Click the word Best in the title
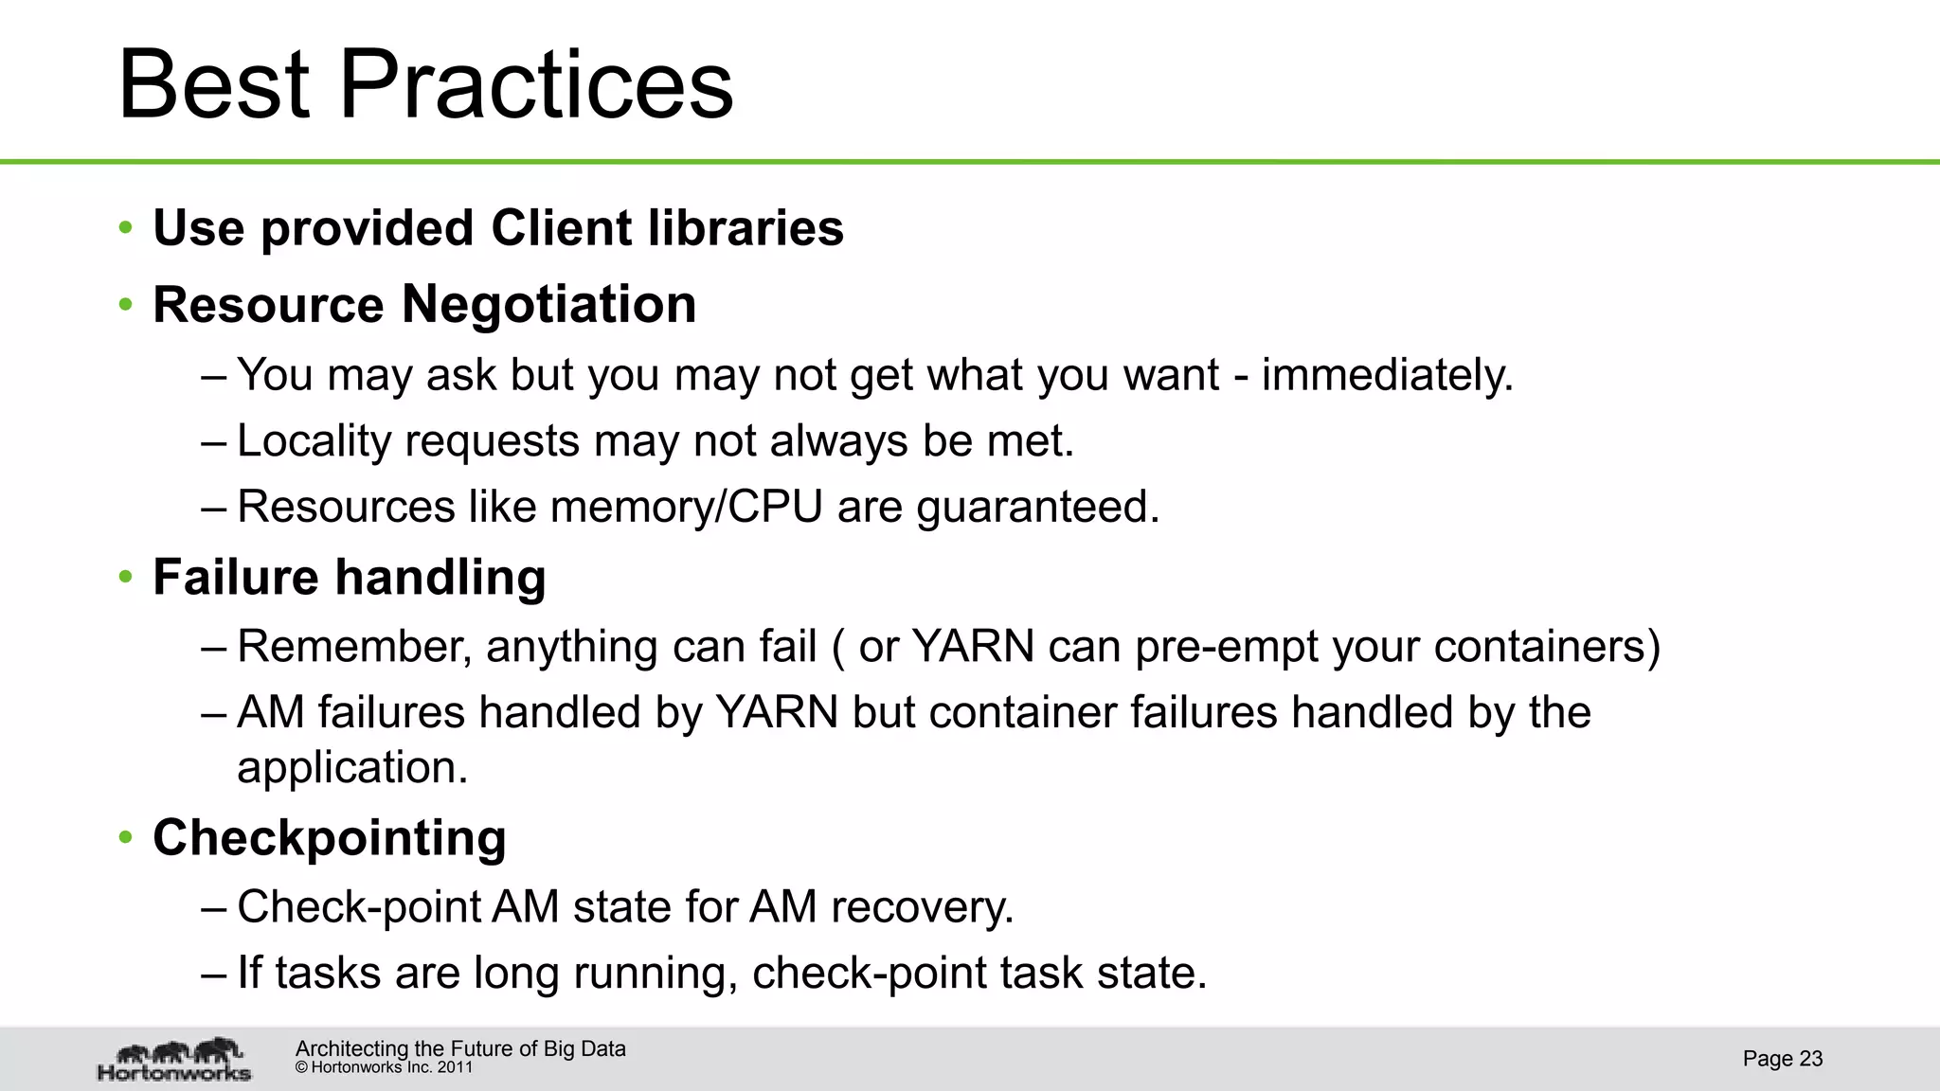click(214, 84)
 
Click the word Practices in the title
click(535, 84)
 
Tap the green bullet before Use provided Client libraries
click(126, 227)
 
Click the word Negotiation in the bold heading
click(548, 304)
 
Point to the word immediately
click(1387, 374)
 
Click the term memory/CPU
click(686, 507)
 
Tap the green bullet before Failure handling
click(126, 577)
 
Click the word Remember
click(354, 647)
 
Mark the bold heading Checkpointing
click(330, 838)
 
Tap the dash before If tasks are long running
click(214, 973)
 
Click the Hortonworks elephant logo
click(175, 1059)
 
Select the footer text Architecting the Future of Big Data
click(460, 1048)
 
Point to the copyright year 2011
click(455, 1067)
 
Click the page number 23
click(1810, 1059)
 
